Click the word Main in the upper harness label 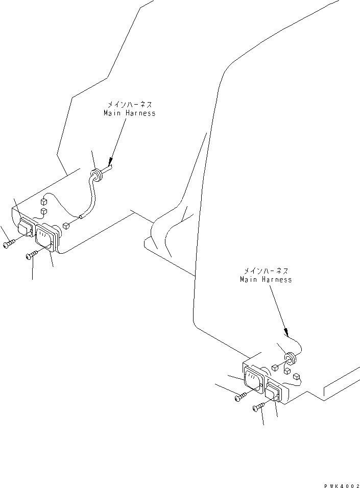tap(111, 113)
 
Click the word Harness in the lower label tap(277, 280)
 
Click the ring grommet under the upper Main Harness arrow tap(97, 175)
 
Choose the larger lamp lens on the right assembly tap(253, 381)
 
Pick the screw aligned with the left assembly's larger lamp tap(32, 255)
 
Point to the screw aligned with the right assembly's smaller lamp tap(258, 406)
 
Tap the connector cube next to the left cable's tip tap(66, 225)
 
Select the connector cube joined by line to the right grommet tap(276, 367)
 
